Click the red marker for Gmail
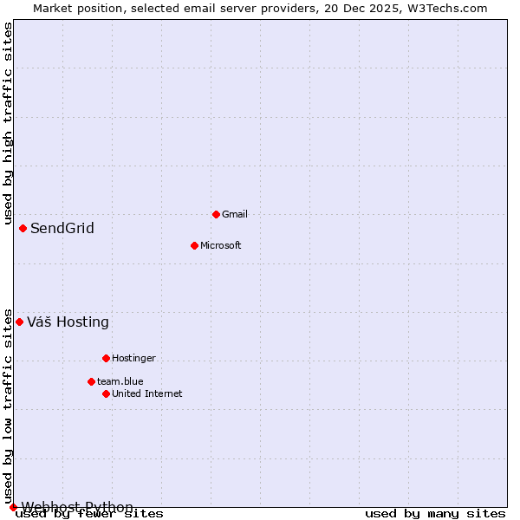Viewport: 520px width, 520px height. (x=216, y=214)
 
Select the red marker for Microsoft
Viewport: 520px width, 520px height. (x=194, y=245)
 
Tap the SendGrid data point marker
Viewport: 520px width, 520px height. (x=23, y=228)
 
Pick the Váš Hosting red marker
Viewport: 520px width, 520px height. (x=19, y=322)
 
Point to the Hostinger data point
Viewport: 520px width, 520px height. (x=106, y=358)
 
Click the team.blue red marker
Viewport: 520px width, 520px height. (x=91, y=381)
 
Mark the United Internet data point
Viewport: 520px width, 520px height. (x=106, y=393)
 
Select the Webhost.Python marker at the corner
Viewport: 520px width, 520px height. (x=13, y=507)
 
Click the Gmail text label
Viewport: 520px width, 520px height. (x=235, y=214)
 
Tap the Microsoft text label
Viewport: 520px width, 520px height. (x=220, y=245)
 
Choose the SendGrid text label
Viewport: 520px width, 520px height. (x=62, y=229)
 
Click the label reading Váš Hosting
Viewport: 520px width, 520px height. (x=68, y=322)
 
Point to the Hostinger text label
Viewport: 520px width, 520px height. (x=133, y=358)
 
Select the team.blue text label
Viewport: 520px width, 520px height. (x=120, y=381)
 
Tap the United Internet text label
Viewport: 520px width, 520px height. (x=146, y=393)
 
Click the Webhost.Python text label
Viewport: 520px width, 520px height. (x=77, y=507)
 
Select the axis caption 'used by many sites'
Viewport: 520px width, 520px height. (x=435, y=514)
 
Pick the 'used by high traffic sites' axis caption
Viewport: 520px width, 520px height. (x=8, y=121)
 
